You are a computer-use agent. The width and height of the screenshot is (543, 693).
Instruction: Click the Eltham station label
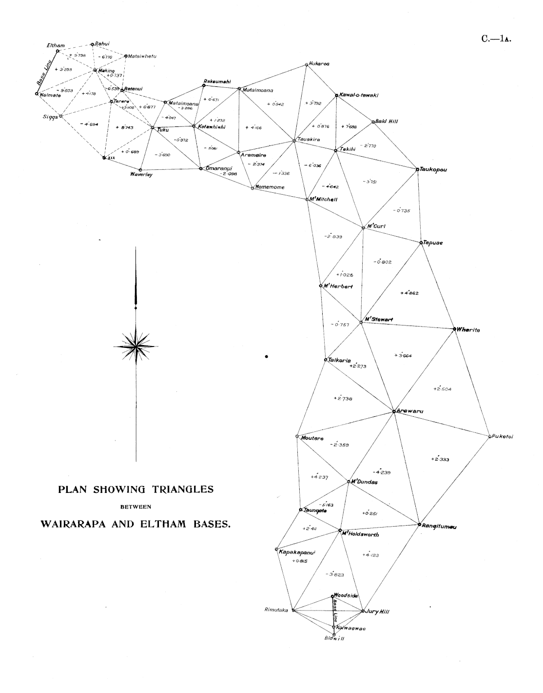pos(56,45)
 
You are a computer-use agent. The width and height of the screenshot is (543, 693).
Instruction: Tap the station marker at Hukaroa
pos(306,64)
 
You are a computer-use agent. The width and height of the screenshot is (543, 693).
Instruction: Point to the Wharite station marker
pos(454,328)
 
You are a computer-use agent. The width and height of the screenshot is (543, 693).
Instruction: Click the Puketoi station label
pos(503,436)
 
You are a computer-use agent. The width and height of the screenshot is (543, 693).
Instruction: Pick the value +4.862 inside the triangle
pos(409,293)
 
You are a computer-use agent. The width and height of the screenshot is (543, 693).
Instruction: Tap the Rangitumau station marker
pos(419,524)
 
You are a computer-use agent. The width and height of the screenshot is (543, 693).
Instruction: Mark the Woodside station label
pos(347,595)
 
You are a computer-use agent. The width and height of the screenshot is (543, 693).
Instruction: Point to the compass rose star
pos(136,346)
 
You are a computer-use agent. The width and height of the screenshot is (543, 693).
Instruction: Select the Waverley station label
pos(141,175)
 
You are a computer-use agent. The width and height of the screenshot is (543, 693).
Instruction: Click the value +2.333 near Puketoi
pos(440,459)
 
